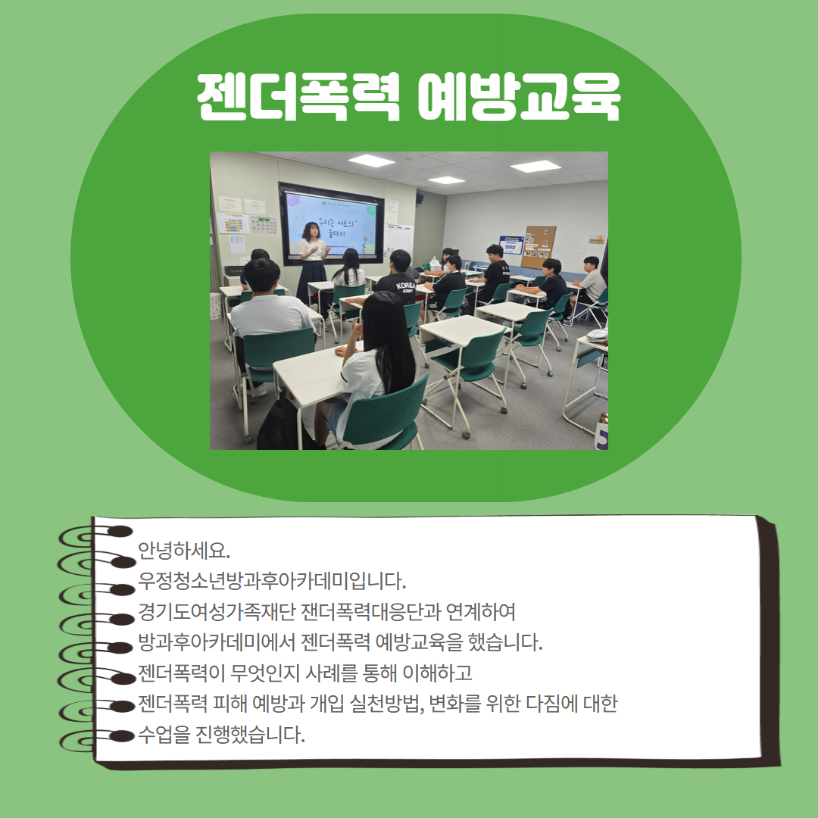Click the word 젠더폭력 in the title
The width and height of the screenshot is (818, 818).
297,98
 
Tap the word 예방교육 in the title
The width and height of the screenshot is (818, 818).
519,98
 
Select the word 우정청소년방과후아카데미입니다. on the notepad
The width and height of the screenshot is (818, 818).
273,581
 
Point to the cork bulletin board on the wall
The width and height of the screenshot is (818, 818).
539,246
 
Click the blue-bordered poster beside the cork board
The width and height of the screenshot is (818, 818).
511,244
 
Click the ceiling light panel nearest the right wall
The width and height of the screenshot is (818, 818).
535,166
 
